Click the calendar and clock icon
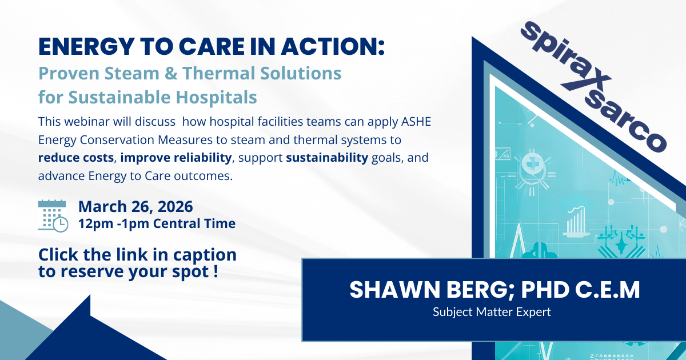53,215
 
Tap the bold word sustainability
327,158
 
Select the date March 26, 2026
135,206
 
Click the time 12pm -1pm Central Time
157,223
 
